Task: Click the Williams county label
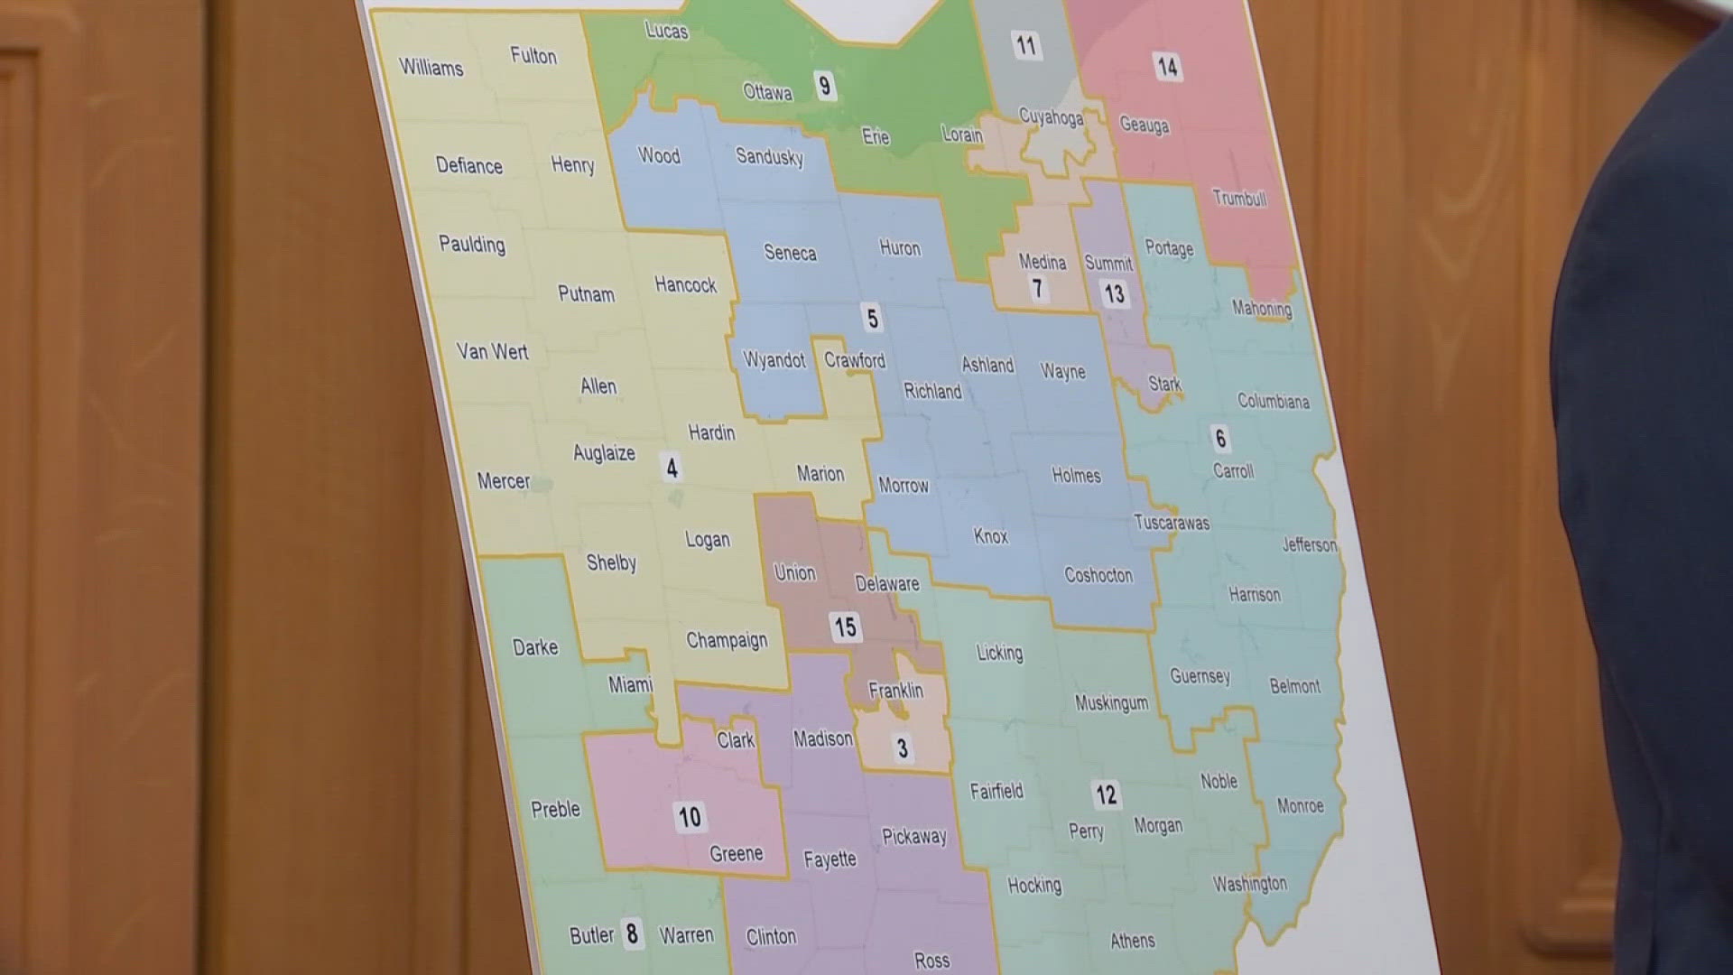coord(431,67)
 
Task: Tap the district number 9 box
coord(824,86)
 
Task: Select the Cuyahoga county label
coord(1051,117)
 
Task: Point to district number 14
coord(1166,66)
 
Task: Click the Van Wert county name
coord(492,351)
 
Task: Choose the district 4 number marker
coord(672,468)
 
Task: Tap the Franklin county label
coord(895,691)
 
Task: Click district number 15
coord(845,627)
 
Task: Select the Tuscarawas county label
coord(1171,523)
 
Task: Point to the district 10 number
coord(690,817)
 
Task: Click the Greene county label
coord(736,853)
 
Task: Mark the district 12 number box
coord(1106,794)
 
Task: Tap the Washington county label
coord(1249,884)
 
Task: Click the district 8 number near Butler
coord(632,933)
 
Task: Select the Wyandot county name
coord(774,360)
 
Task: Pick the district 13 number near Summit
coord(1114,293)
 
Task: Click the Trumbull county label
coord(1238,199)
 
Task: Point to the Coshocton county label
coord(1098,575)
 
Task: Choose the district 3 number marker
coord(902,747)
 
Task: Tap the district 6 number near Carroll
coord(1220,439)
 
